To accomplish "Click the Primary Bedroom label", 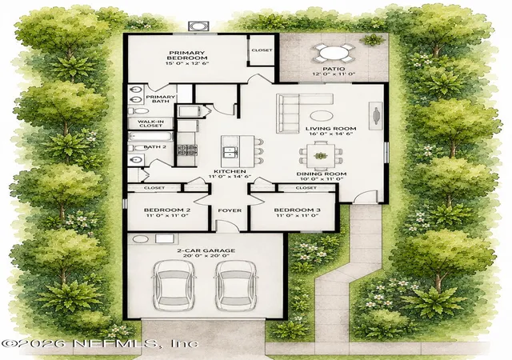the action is pos(186,55).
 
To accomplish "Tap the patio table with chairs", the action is pos(334,53).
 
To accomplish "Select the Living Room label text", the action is pos(330,128).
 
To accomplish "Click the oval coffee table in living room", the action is pos(322,116).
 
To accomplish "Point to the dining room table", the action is pos(321,155).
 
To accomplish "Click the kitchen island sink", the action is pos(230,152).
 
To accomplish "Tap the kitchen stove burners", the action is pos(186,150).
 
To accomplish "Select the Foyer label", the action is pos(230,210).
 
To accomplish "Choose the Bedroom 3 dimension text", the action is pos(297,216).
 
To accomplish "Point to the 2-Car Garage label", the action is pos(206,250).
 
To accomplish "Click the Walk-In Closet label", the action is pos(151,123).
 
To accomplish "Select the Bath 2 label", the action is pos(155,147).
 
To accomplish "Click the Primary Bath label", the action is pos(160,99).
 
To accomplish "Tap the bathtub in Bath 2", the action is pos(150,136).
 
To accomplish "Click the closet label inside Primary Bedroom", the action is pos(262,50).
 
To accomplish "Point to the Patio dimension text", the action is pos(334,74).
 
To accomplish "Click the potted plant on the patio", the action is pos(372,40).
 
